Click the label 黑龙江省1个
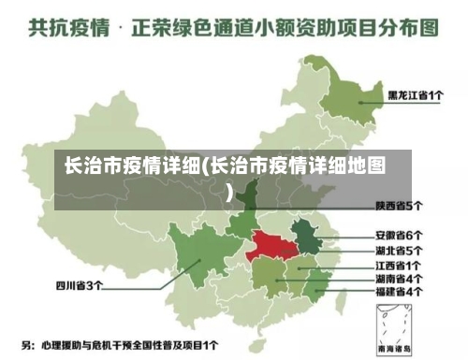416,94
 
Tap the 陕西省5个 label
400,205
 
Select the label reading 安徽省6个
400,235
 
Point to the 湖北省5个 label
400,251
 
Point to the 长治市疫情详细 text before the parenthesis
131,167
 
